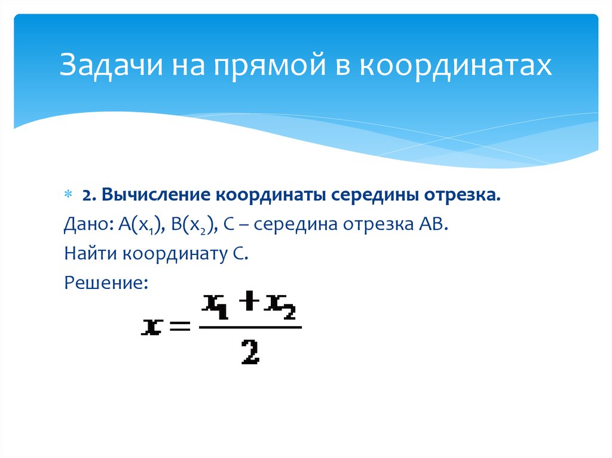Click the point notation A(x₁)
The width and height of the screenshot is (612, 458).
140,226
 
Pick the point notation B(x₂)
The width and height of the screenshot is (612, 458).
191,226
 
